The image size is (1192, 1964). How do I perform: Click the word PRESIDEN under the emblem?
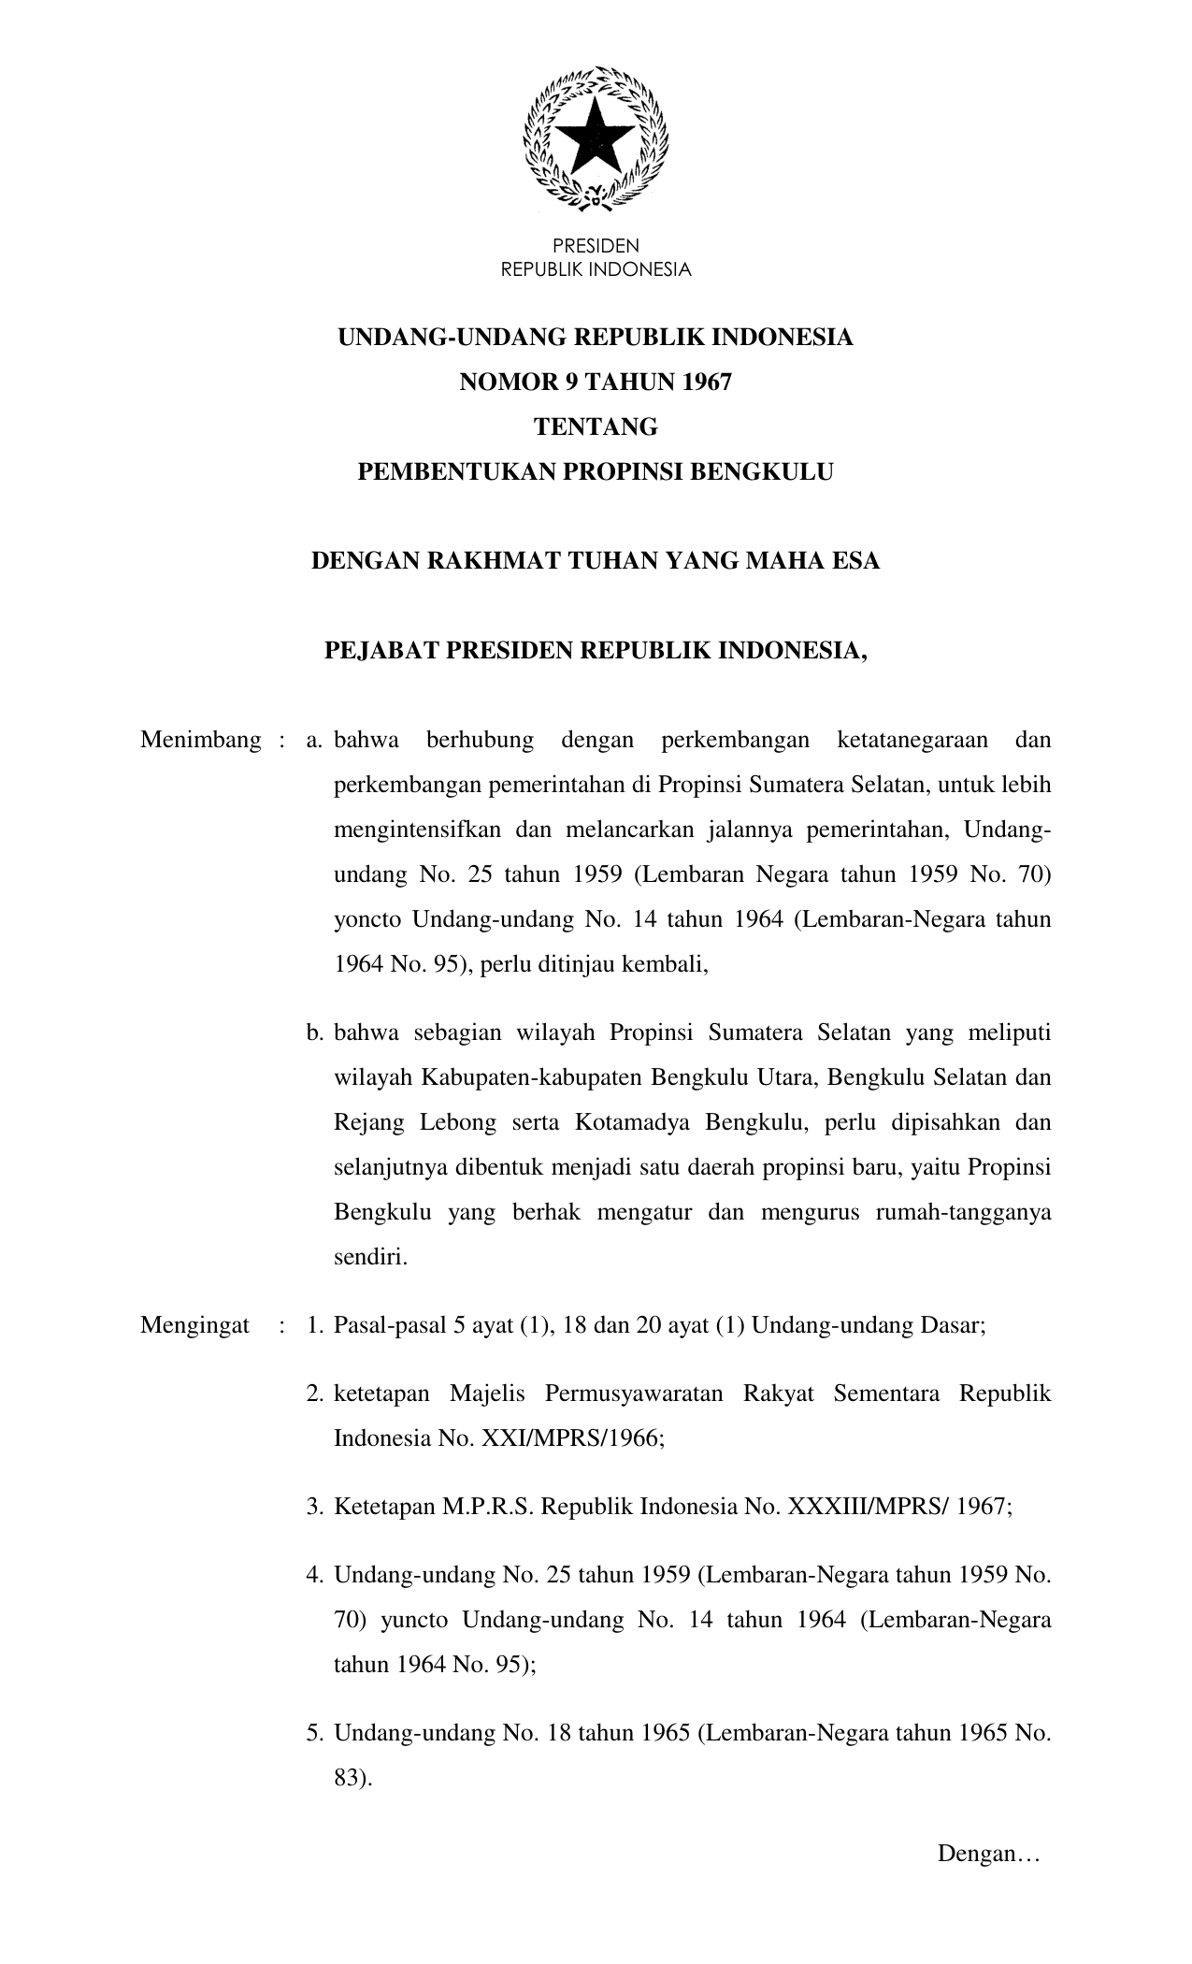click(x=596, y=247)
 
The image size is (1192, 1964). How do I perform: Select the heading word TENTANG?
click(x=596, y=427)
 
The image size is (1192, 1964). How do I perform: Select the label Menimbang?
click(x=201, y=741)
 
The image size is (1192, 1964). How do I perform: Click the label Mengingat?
click(x=195, y=1325)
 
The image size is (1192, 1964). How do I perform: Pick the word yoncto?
click(x=366, y=919)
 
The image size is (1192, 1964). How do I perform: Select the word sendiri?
click(x=371, y=1257)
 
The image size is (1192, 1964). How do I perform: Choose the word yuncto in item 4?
click(x=414, y=1620)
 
